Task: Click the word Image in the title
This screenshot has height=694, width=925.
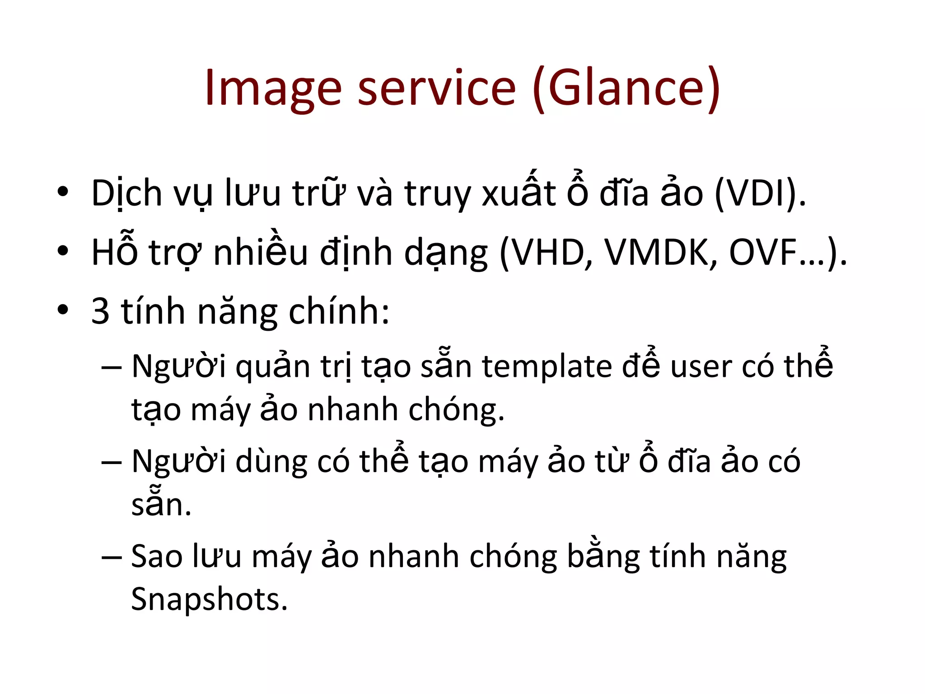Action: [x=273, y=88]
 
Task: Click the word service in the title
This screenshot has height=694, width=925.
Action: [x=436, y=88]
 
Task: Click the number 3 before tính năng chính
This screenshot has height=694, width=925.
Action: [x=100, y=311]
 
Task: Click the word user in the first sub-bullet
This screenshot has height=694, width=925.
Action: [x=701, y=367]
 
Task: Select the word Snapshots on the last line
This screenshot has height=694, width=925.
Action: [x=208, y=599]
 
